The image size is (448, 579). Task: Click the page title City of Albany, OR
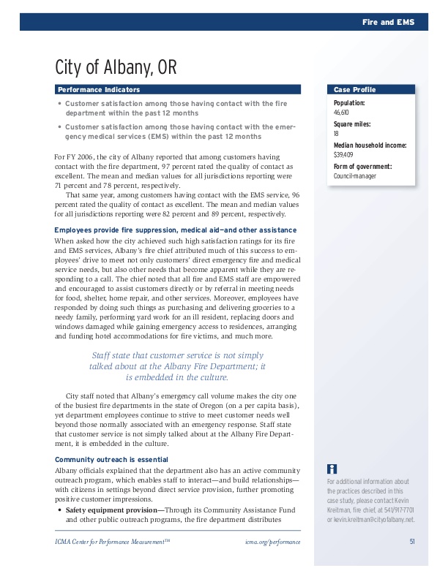(x=116, y=68)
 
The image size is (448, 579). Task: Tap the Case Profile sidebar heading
(x=355, y=89)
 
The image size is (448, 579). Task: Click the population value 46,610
(x=342, y=113)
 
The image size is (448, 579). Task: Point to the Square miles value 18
(x=336, y=135)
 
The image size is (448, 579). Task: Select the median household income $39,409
(x=343, y=155)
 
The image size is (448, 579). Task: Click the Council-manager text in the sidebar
(x=354, y=176)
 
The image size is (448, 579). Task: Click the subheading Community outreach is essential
(x=106, y=459)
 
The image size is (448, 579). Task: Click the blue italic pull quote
(x=177, y=366)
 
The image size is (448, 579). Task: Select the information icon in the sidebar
(x=332, y=469)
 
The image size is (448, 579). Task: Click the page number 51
(x=412, y=541)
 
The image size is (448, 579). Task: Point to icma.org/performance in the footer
(x=274, y=542)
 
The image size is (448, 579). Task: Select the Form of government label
(x=362, y=167)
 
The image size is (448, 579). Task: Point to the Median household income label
(x=370, y=145)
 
